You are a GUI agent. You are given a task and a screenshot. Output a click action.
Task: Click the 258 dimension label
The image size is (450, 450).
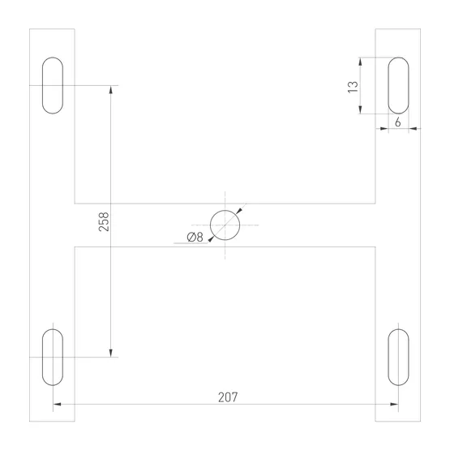104,222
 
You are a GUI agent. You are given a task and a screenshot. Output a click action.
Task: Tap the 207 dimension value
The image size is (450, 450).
229,397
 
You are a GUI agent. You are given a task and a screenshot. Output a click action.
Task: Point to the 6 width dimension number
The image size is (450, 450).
397,121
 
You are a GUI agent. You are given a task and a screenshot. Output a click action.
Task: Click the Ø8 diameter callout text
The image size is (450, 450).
194,237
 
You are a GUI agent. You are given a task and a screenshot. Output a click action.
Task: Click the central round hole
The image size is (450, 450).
225,225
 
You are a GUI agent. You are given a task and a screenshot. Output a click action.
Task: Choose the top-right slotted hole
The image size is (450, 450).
397,85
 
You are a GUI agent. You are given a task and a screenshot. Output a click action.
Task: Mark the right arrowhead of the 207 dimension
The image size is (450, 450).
394,405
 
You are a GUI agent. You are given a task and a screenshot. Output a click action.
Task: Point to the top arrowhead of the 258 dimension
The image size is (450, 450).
110,89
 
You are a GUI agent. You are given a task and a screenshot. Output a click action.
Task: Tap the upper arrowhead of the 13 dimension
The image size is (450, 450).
362,61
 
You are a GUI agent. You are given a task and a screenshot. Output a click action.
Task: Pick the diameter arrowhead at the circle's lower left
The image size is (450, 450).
211,238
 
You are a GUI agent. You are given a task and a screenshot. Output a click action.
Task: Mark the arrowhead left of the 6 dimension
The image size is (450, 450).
384,128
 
